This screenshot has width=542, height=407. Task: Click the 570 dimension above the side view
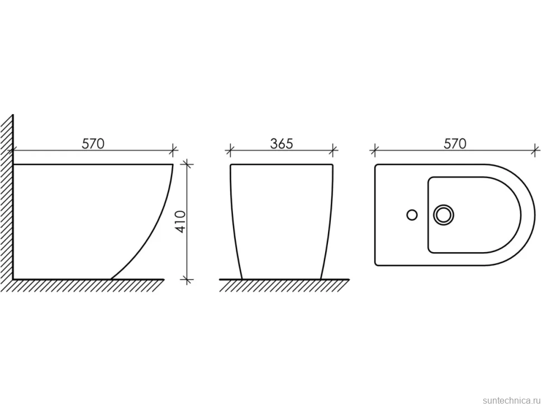93,144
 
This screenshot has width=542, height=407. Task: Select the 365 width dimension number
282,144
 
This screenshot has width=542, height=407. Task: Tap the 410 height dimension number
181,221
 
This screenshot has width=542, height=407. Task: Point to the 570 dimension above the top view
455,144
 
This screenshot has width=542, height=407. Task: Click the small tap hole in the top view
412,215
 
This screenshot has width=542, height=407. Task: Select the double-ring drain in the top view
444,215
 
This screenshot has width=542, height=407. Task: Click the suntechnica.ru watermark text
511,400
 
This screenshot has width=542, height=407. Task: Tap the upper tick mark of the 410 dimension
187,164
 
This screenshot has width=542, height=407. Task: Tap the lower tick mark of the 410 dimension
187,279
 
